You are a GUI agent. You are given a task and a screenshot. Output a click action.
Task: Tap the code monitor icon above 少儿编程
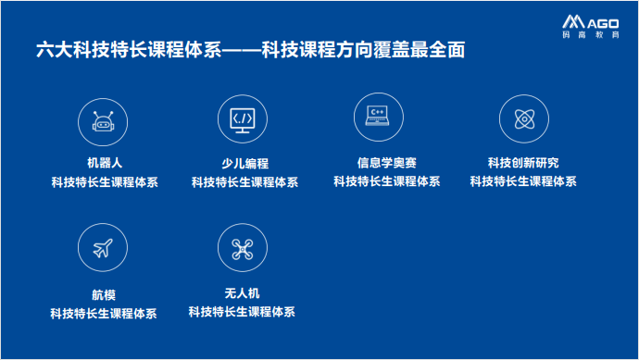click(243, 119)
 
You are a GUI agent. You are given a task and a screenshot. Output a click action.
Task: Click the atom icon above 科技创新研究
click(521, 118)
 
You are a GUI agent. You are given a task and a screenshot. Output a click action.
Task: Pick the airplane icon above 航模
click(104, 249)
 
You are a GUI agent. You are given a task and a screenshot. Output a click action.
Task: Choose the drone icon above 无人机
click(243, 247)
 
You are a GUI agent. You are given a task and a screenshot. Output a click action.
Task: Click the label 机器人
click(105, 163)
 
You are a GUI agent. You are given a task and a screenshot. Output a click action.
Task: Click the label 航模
click(104, 295)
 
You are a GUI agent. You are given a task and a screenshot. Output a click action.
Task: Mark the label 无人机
click(242, 292)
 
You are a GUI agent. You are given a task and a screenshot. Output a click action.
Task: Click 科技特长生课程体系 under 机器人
click(105, 182)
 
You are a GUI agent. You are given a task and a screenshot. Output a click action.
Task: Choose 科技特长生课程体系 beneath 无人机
click(242, 313)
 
